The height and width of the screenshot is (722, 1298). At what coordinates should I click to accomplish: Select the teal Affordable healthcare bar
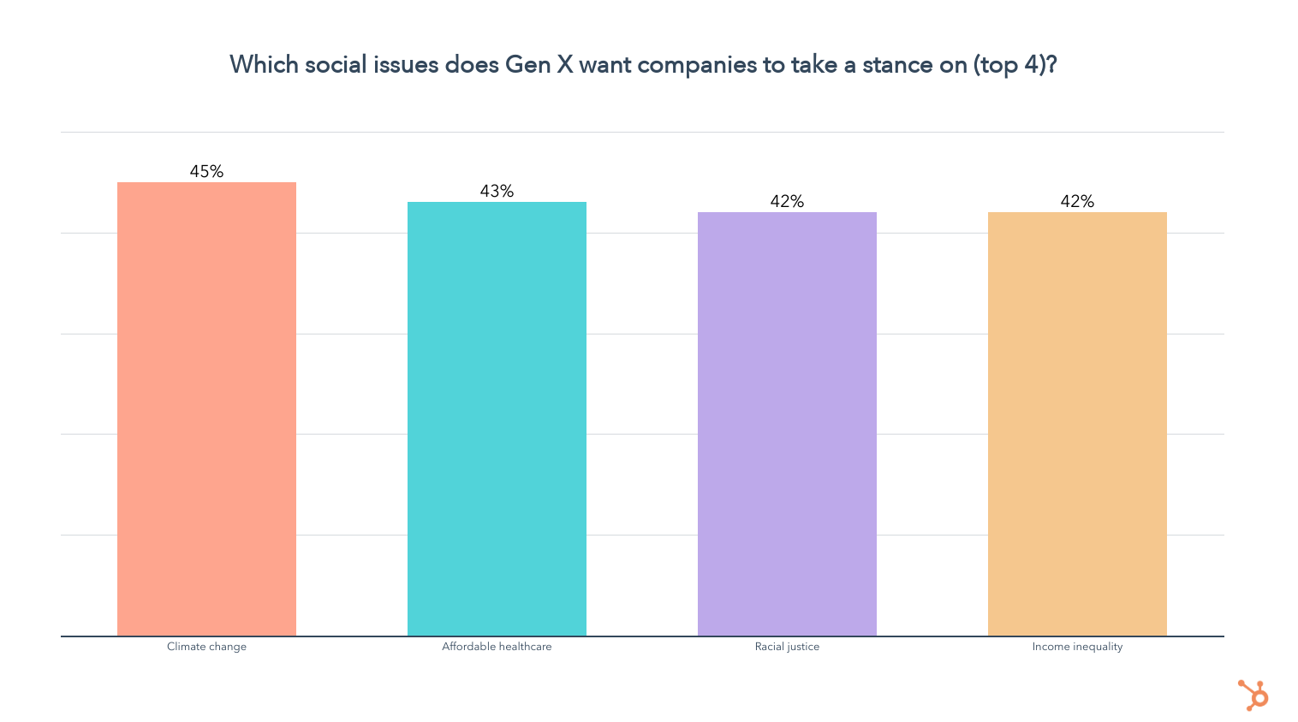click(497, 418)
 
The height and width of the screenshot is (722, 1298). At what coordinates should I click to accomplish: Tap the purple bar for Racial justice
click(787, 423)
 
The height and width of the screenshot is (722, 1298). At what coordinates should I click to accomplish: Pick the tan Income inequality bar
click(1077, 423)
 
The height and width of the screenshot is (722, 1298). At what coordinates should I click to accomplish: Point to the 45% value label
click(206, 171)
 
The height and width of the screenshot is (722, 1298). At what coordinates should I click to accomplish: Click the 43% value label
click(497, 191)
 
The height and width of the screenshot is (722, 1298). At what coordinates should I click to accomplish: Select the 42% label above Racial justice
click(787, 201)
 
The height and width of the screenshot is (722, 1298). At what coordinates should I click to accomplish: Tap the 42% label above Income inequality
click(1077, 201)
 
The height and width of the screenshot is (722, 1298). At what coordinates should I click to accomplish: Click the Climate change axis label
click(206, 647)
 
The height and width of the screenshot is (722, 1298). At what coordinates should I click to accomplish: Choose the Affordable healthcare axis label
click(497, 647)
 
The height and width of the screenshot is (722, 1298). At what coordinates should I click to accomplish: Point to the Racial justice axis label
click(787, 647)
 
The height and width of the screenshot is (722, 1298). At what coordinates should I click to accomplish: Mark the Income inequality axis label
click(1077, 647)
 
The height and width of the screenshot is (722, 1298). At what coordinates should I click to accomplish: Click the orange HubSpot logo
click(1253, 695)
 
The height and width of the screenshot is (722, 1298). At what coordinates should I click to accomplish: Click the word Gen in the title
click(527, 65)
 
